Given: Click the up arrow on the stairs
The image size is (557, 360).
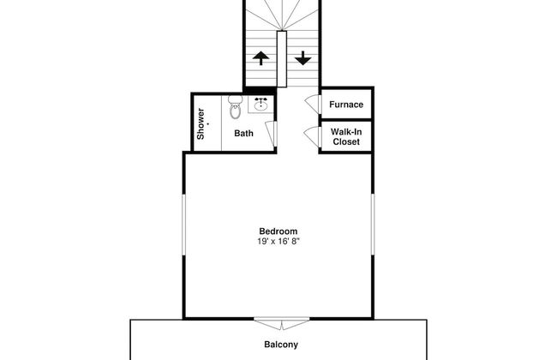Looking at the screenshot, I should click(x=260, y=59).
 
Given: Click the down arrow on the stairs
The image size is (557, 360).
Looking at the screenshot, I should click(x=302, y=59).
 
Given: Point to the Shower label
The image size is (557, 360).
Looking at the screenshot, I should click(x=201, y=123).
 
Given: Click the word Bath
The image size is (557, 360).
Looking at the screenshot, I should click(x=244, y=134).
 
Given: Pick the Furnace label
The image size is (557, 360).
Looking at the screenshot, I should click(x=346, y=105).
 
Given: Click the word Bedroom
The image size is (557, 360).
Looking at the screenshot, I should click(x=278, y=231).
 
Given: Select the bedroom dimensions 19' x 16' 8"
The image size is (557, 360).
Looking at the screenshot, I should click(x=278, y=242).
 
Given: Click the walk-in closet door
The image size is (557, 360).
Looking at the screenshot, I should click(x=311, y=135).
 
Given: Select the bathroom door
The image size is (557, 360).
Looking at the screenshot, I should click(x=269, y=134).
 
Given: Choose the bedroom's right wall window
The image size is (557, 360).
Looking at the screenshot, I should click(x=374, y=224).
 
